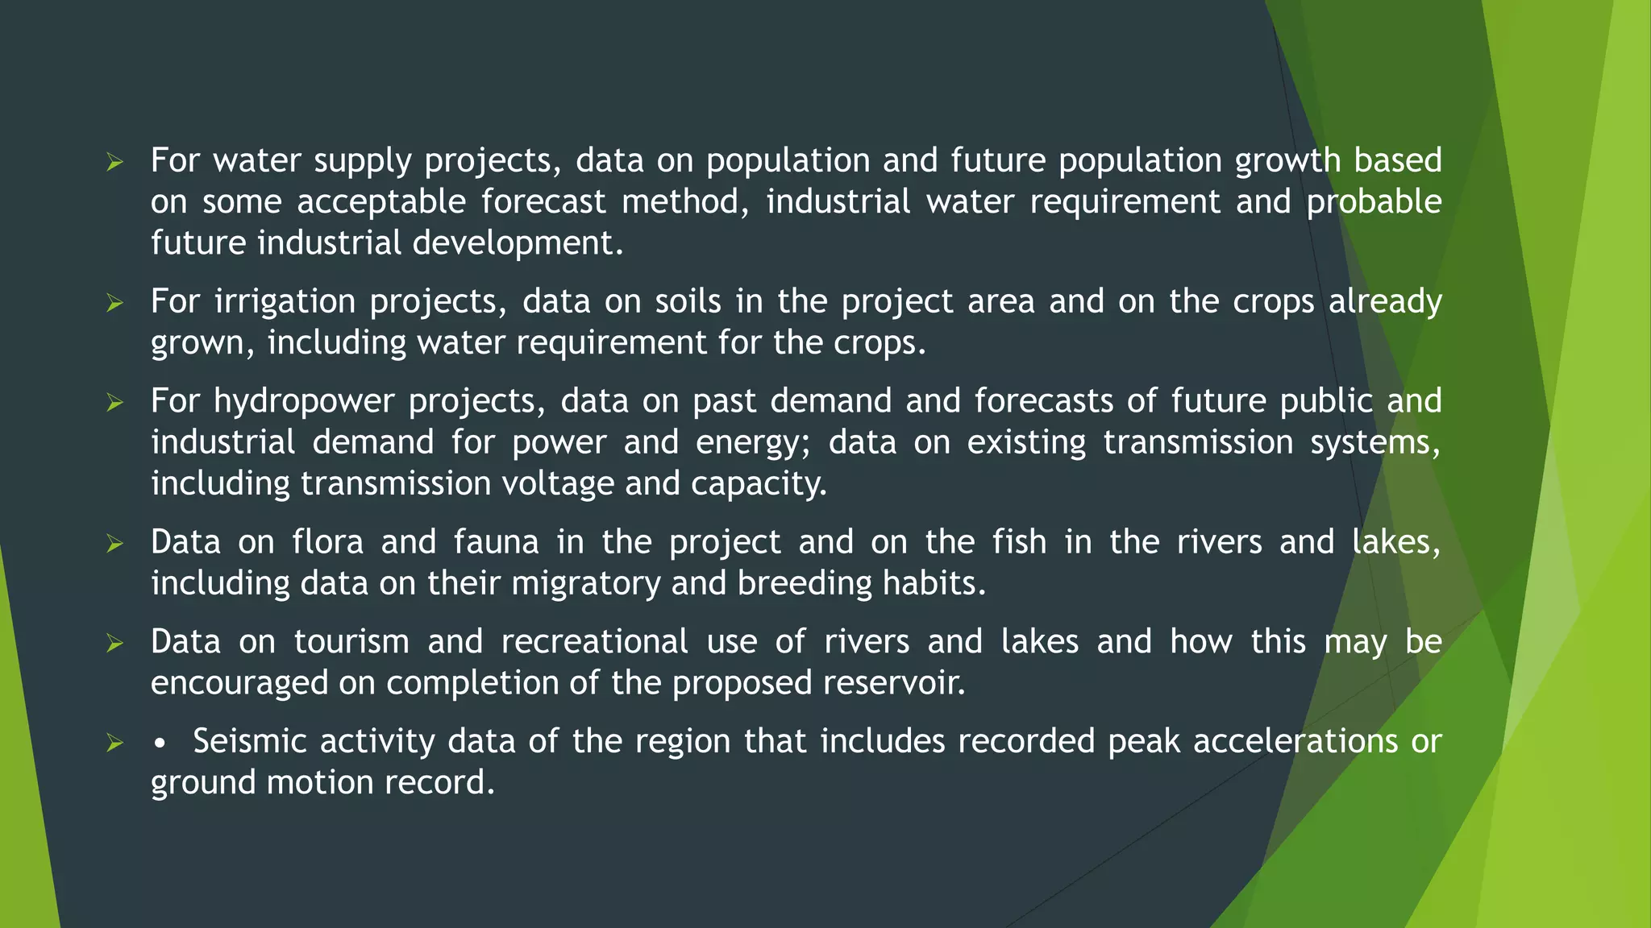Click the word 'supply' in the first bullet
[362, 161]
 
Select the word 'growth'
[1287, 160]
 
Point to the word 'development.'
[518, 242]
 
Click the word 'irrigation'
[285, 302]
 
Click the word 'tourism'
[351, 642]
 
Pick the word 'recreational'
[594, 642]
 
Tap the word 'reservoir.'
[894, 683]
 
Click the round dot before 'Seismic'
[160, 744]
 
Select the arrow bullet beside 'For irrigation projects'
[114, 303]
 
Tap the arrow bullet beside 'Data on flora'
[114, 544]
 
